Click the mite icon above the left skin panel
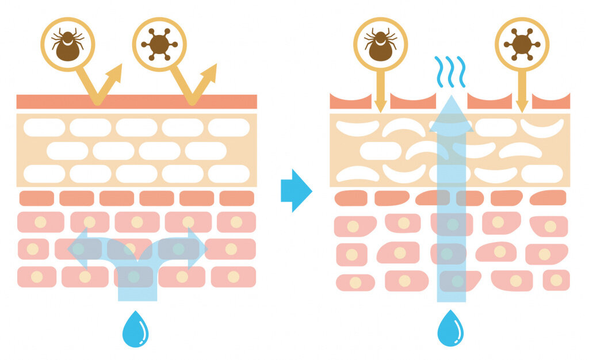click(x=68, y=44)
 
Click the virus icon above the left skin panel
click(x=159, y=44)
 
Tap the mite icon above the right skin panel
click(x=380, y=44)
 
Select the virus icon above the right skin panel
click(x=522, y=44)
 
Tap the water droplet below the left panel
click(x=135, y=329)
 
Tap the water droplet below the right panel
click(x=450, y=329)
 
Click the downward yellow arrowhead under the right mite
click(x=380, y=106)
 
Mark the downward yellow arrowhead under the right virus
click(x=522, y=106)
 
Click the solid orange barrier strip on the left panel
click(x=136, y=102)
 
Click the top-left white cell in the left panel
click(x=44, y=127)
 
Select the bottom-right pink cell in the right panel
click(x=556, y=280)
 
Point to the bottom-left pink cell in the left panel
click(x=37, y=277)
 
